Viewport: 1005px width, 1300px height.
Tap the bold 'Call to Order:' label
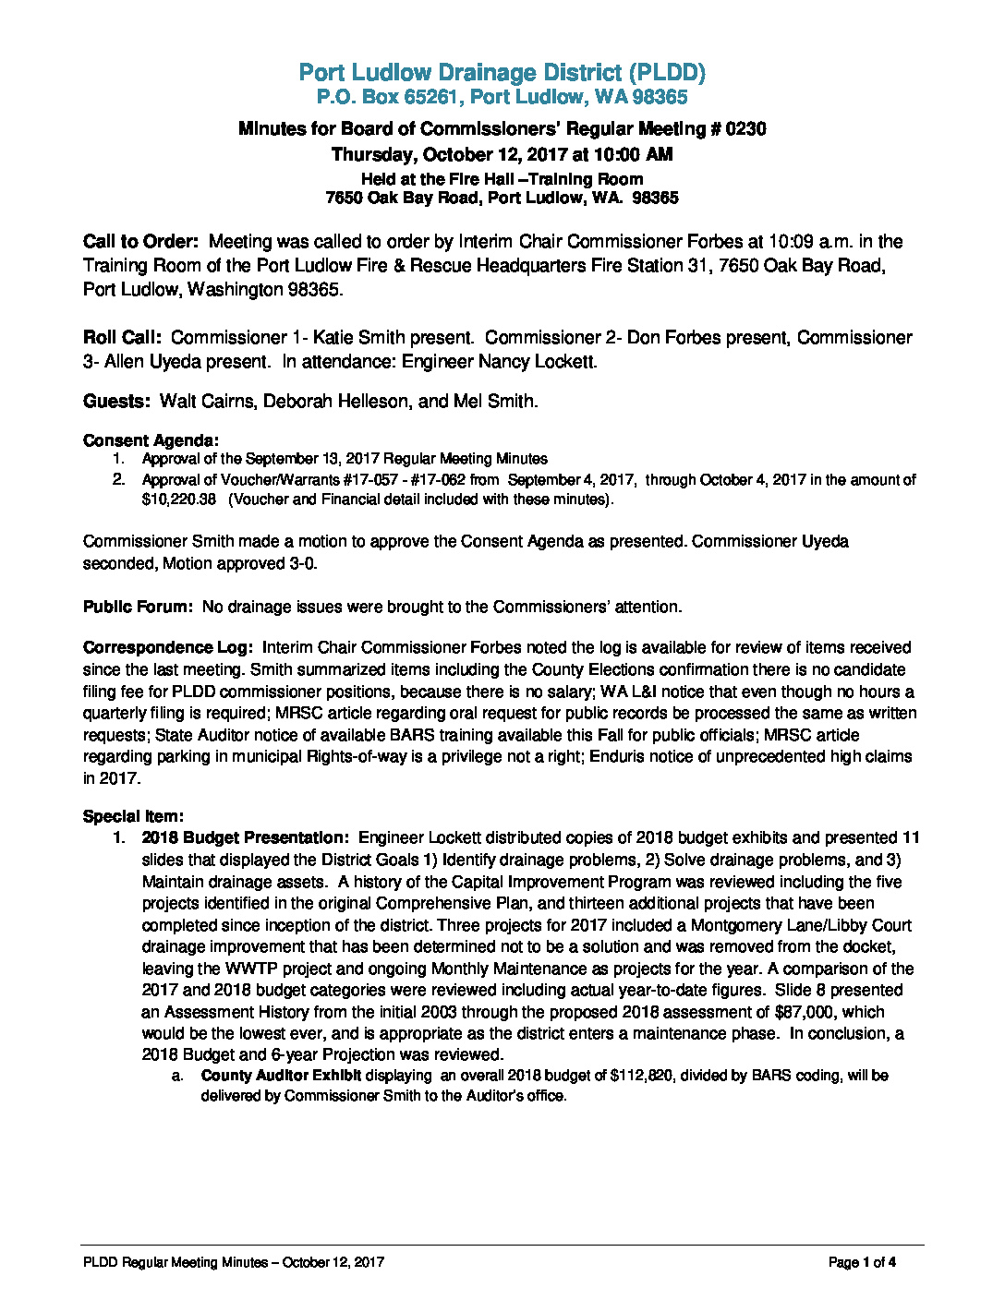[x=140, y=242]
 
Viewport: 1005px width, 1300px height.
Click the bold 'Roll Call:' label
[x=123, y=338]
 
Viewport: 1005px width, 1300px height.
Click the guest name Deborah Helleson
[x=335, y=402]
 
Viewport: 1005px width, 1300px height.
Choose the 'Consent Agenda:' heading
[x=151, y=440]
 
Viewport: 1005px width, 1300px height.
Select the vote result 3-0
[x=301, y=563]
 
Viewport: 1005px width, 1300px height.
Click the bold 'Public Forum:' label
[x=138, y=607]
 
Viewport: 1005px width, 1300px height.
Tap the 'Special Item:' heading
[x=133, y=816]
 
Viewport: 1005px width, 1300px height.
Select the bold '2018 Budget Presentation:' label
[x=246, y=838]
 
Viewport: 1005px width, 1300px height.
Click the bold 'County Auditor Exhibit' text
[x=281, y=1076]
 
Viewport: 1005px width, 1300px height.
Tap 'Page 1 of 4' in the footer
[x=862, y=1262]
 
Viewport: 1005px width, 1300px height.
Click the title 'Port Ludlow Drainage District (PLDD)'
[x=502, y=73]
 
